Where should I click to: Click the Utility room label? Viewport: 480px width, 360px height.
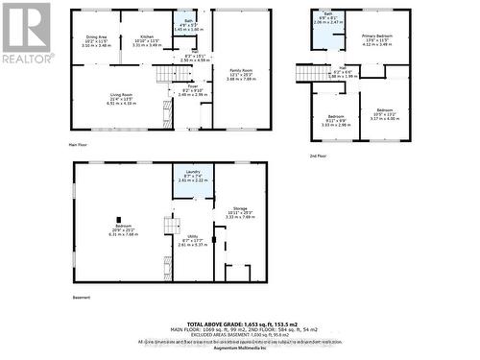coord(194,241)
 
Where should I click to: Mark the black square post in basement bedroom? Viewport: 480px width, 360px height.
coord(120,219)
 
